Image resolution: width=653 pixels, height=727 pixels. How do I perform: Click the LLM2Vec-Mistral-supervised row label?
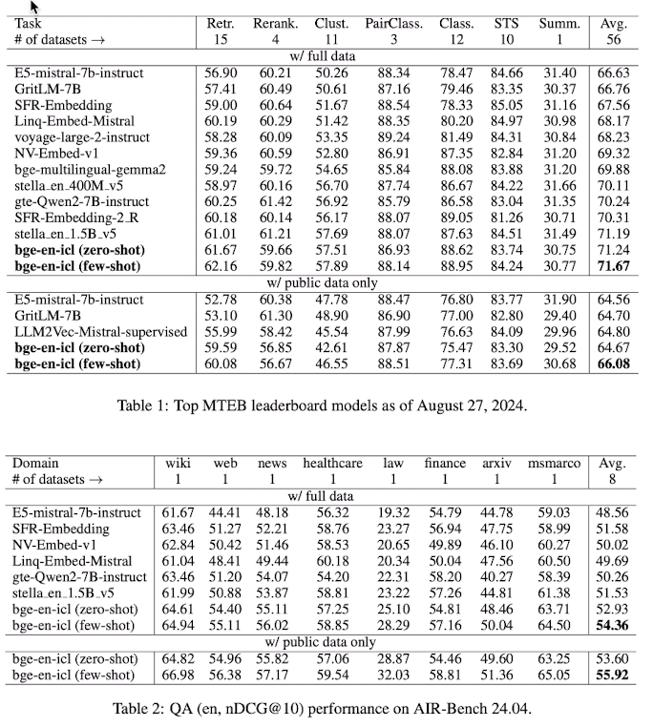coord(92,331)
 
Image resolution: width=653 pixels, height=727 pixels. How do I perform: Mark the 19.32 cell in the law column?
coord(392,512)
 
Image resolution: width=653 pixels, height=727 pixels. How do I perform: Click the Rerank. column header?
coord(274,21)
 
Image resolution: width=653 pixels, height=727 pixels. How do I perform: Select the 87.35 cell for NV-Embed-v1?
coord(456,153)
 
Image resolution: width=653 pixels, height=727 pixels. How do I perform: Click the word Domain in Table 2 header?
coord(37,464)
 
